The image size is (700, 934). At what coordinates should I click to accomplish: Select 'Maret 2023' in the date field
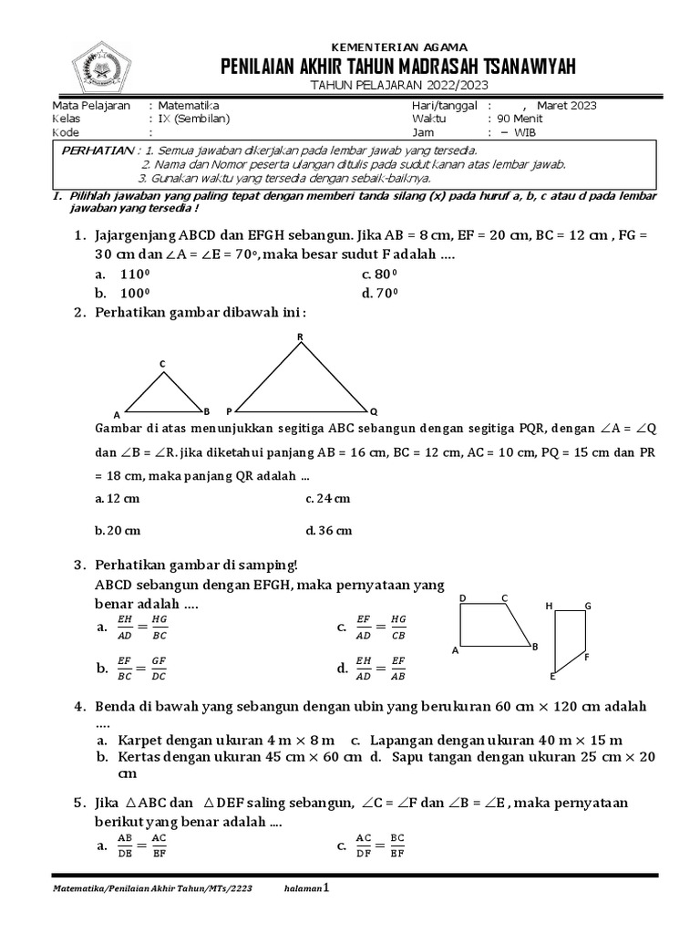point(566,106)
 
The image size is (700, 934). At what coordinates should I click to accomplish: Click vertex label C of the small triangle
point(162,365)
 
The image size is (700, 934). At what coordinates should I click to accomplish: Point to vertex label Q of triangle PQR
point(375,410)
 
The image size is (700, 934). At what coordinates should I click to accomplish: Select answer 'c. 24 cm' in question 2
point(328,498)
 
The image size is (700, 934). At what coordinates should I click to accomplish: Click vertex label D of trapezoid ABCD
point(463,598)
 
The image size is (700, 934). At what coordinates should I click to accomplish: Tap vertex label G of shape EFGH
point(588,606)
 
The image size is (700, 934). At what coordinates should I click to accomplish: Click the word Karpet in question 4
point(138,739)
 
